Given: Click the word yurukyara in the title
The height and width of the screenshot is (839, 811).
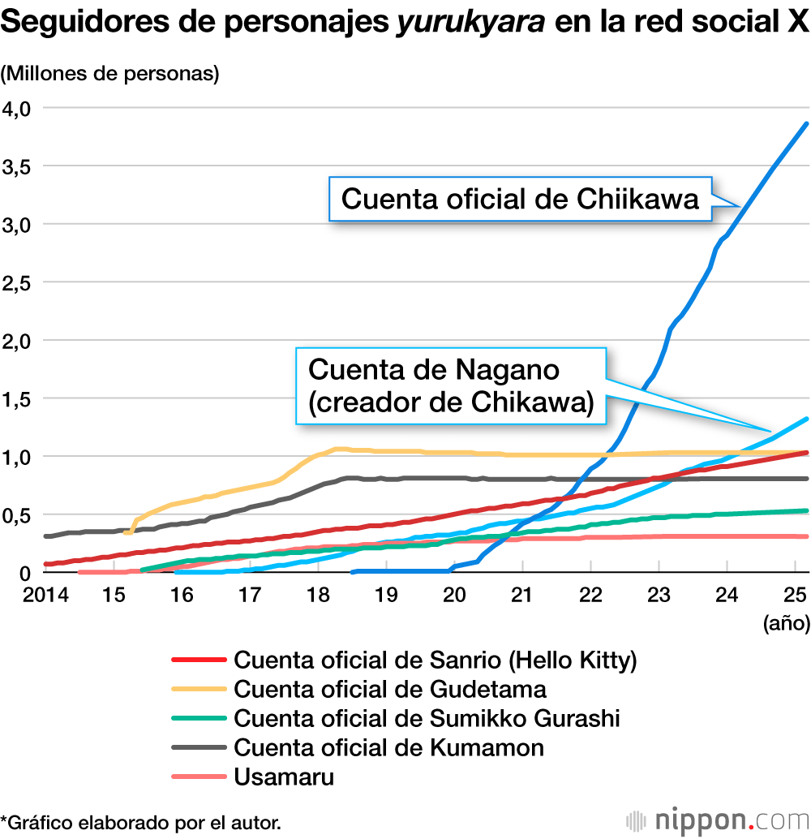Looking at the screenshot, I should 470,24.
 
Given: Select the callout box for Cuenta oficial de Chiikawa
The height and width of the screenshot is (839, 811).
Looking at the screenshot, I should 520,199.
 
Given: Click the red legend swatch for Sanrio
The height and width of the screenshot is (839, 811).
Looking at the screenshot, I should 199,660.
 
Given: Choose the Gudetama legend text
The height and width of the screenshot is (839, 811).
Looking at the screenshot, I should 389,689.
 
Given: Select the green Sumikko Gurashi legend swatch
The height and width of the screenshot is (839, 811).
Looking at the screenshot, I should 199,717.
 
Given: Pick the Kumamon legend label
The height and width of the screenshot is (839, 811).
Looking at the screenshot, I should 388,746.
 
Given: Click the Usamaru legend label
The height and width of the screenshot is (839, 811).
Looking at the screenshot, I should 284,776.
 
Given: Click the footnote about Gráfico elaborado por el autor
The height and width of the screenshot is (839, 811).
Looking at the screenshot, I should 141,822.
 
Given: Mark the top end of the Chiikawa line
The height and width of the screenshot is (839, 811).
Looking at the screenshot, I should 805,124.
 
